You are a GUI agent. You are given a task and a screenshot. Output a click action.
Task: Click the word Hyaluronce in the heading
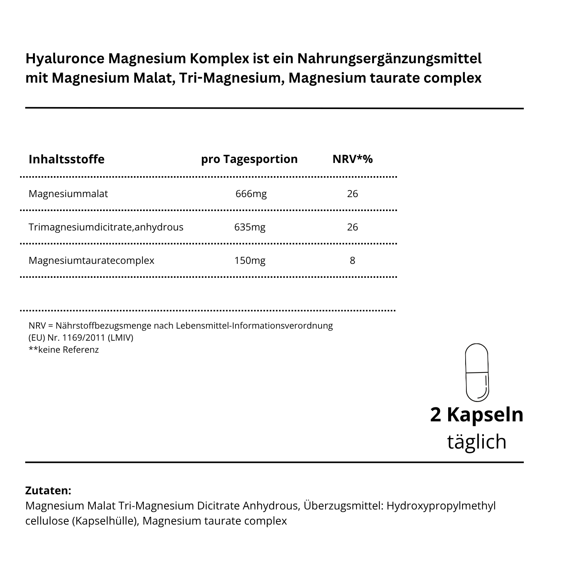(x=65, y=59)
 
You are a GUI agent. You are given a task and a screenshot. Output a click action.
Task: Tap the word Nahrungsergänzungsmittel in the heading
(x=389, y=59)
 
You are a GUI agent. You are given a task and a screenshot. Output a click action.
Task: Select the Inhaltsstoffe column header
(x=66, y=159)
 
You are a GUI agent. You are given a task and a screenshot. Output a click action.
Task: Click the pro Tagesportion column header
(x=249, y=159)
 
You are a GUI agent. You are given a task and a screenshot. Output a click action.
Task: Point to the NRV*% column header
(x=352, y=159)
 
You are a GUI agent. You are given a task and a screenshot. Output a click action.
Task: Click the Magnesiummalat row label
(x=68, y=194)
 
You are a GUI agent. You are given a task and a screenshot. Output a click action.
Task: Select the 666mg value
(x=251, y=194)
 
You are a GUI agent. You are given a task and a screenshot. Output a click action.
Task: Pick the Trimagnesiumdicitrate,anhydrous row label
(x=106, y=227)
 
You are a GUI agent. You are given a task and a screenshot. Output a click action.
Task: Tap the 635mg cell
(x=250, y=227)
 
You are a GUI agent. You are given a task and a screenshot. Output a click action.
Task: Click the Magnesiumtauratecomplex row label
(x=91, y=260)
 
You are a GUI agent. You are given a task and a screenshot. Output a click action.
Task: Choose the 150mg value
(x=250, y=260)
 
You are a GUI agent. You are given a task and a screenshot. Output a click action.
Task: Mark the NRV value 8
(x=352, y=260)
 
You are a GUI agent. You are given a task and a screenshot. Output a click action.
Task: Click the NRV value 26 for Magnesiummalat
(x=352, y=194)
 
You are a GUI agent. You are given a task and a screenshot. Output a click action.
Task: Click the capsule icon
(x=476, y=372)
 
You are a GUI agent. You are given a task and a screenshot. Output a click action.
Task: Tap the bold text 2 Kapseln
(x=476, y=414)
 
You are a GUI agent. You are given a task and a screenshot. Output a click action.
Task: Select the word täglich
(x=476, y=442)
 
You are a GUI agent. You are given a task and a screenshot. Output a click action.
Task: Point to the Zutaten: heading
(x=48, y=490)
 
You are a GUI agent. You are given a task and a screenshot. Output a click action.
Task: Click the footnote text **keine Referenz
(x=64, y=350)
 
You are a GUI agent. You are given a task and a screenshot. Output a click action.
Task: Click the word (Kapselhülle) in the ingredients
(x=106, y=521)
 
